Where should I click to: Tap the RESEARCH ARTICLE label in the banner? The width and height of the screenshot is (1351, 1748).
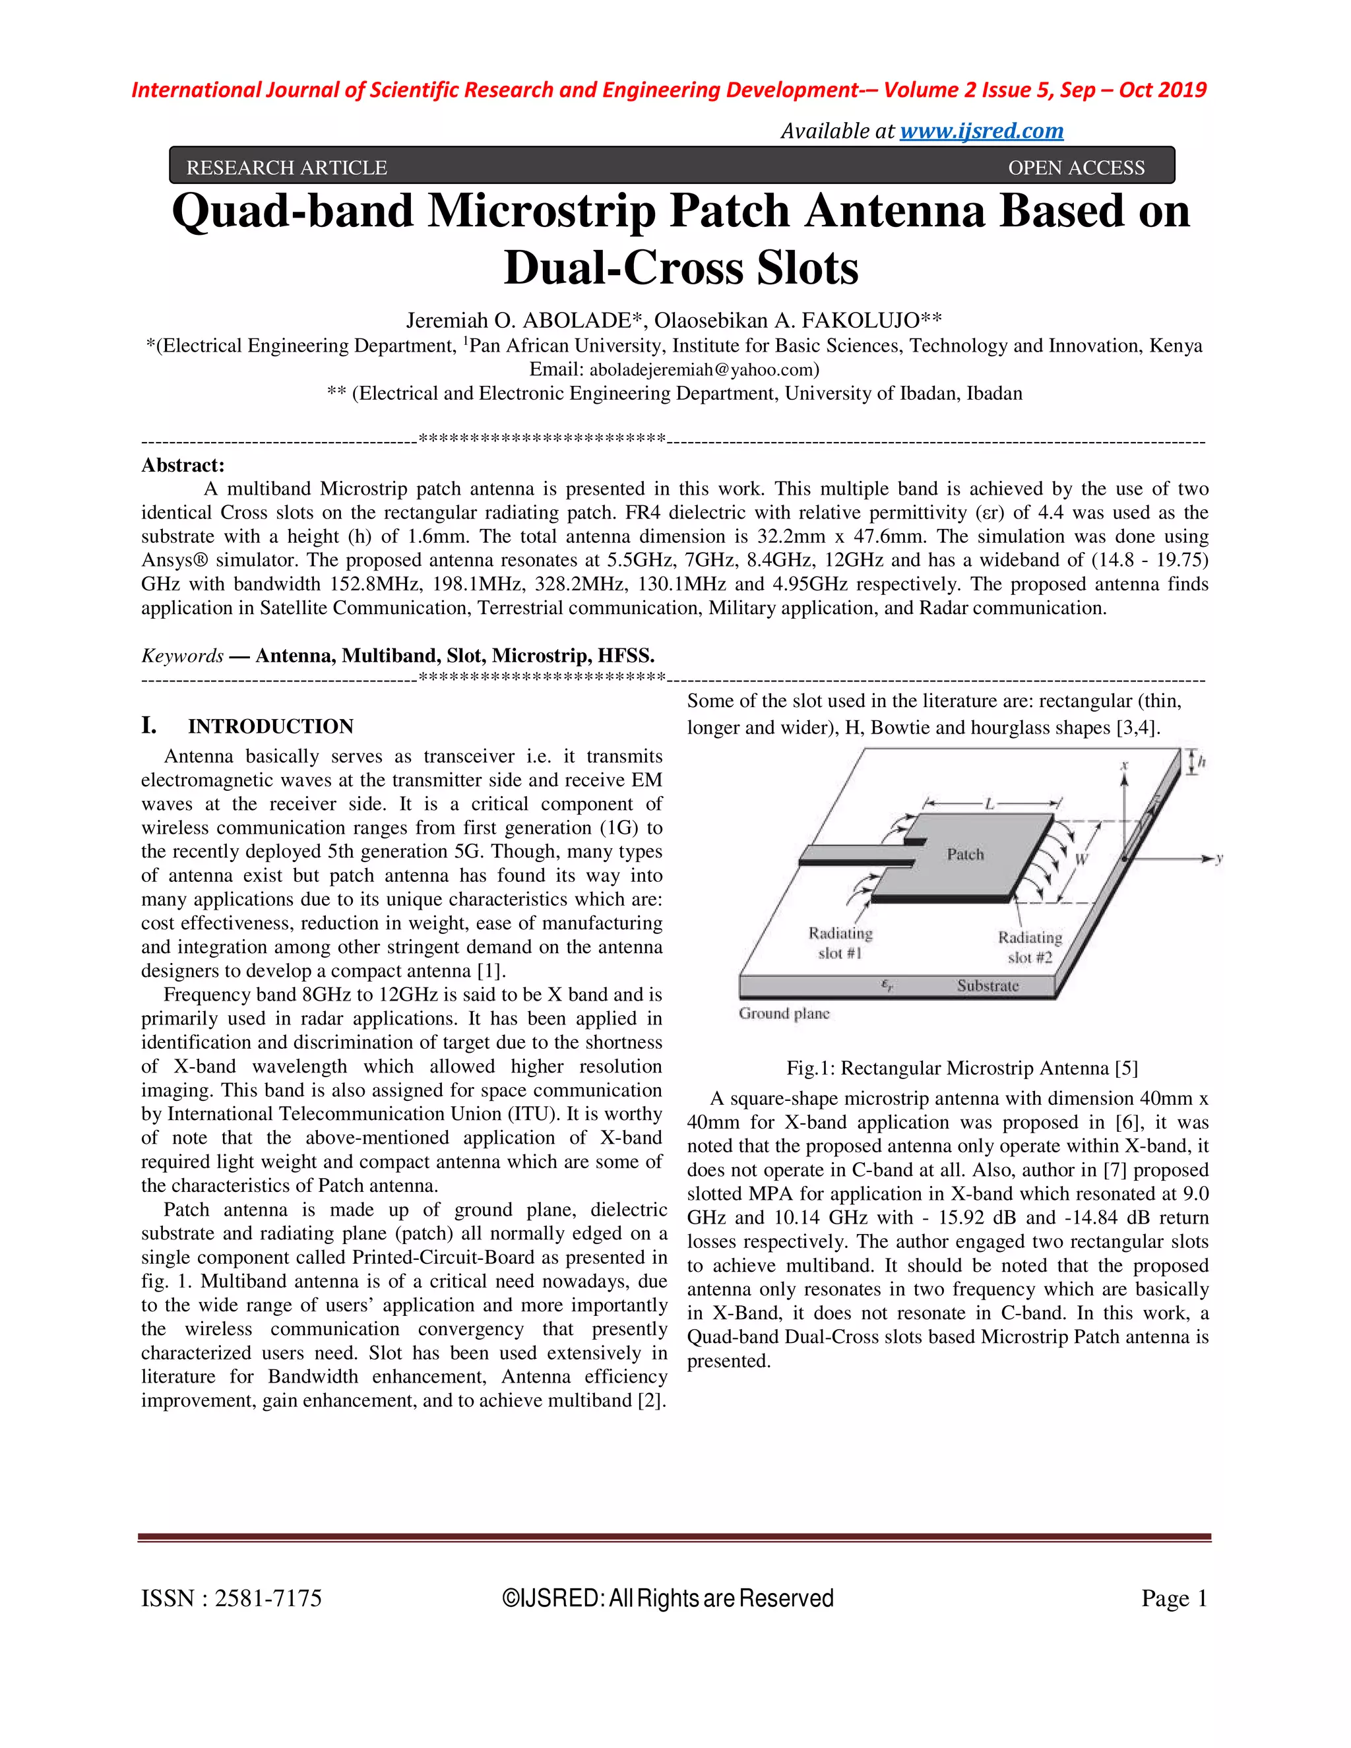click(286, 168)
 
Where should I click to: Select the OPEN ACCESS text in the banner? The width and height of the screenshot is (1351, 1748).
click(1076, 168)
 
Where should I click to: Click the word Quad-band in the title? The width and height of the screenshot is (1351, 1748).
click(293, 212)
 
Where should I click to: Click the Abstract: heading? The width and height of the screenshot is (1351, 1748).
click(183, 465)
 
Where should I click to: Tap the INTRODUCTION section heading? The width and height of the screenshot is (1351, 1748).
click(270, 726)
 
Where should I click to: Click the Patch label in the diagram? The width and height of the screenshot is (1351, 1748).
click(965, 854)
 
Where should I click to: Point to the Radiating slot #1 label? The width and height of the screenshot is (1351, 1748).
click(840, 943)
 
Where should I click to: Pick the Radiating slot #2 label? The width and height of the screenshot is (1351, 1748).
click(1029, 947)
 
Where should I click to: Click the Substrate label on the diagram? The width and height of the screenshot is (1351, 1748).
click(988, 985)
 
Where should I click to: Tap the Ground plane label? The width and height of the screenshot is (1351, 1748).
click(784, 1013)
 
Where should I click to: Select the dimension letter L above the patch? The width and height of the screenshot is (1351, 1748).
click(990, 803)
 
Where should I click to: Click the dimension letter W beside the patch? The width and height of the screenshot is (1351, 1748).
click(1081, 859)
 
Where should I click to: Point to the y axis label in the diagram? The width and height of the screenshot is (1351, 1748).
click(1219, 858)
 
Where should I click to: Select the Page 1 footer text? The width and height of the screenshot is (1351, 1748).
click(1174, 1598)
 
